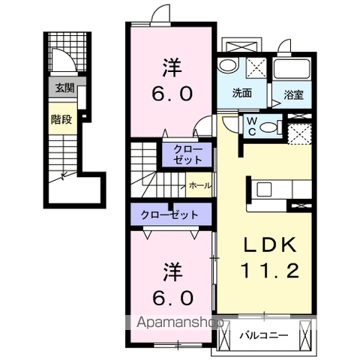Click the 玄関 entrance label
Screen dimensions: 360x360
click(x=64, y=88)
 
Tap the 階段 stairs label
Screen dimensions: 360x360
click(x=61, y=119)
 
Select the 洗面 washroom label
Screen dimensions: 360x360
click(x=241, y=93)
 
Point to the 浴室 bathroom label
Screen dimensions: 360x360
click(x=293, y=95)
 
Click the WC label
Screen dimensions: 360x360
click(x=252, y=127)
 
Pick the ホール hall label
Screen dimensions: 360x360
click(x=200, y=186)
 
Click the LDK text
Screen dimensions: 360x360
click(x=271, y=244)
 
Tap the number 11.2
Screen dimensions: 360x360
click(x=270, y=271)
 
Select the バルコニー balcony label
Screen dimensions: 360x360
click(x=264, y=335)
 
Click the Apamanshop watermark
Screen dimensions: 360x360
click(x=180, y=322)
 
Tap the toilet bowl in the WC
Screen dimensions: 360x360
click(x=269, y=127)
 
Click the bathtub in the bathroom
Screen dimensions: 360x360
click(x=291, y=68)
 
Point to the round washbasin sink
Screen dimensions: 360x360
click(x=227, y=66)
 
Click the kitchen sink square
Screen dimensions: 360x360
click(x=264, y=189)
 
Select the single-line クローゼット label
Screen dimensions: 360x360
click(x=169, y=214)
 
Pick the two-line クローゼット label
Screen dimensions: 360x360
click(x=187, y=154)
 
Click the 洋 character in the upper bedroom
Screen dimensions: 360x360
click(x=172, y=67)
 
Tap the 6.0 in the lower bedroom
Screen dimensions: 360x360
click(x=172, y=298)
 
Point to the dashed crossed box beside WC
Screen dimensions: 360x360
click(x=299, y=133)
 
